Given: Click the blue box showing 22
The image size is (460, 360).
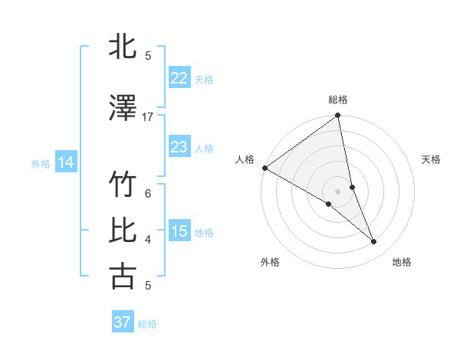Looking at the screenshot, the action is click(179, 77).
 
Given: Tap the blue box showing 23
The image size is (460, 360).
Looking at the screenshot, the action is click(179, 146).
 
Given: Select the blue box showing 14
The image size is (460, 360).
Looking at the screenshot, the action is click(66, 162).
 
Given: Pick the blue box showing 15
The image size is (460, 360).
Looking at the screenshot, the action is click(179, 231).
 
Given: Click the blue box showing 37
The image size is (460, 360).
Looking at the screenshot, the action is click(122, 322).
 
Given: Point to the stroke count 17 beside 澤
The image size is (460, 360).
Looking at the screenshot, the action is click(148, 117).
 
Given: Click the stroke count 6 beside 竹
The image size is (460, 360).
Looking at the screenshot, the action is click(148, 193).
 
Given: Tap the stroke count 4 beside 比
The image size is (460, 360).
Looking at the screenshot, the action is click(148, 240).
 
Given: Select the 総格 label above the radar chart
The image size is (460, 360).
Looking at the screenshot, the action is click(338, 100).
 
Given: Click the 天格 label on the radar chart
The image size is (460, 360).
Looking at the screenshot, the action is click(432, 159).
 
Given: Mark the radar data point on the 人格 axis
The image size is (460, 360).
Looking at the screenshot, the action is click(264, 167).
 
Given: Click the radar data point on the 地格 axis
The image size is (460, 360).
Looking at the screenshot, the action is click(374, 241).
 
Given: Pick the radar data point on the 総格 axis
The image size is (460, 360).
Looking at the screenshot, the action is click(338, 116).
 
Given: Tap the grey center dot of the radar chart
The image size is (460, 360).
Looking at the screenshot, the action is click(338, 191).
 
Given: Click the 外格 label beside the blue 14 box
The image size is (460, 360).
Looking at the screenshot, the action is click(41, 163).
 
